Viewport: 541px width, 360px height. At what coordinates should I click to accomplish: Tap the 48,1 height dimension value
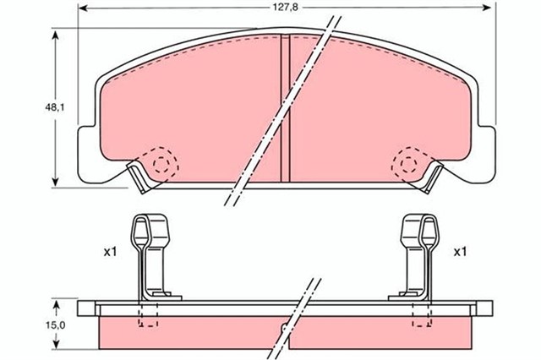tap(55, 107)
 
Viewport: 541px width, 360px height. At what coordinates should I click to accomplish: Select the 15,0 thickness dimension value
tap(55, 325)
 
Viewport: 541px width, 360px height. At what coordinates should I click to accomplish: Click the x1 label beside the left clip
tap(111, 253)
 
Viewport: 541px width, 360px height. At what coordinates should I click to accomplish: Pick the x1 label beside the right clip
tap(460, 252)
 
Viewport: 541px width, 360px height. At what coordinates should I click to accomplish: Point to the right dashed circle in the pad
tap(409, 165)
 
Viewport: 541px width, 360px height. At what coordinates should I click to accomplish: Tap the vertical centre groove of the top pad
tap(286, 108)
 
